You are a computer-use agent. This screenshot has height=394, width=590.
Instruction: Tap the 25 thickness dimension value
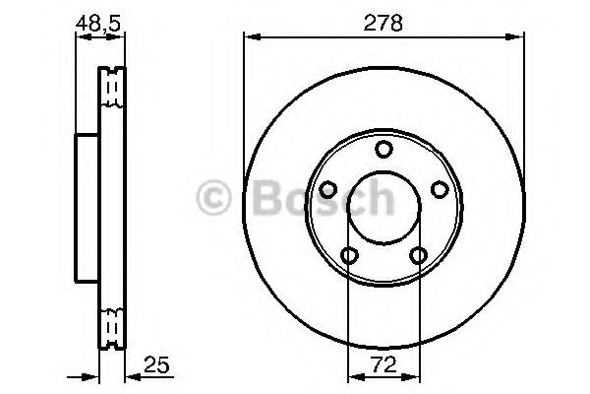(153, 361)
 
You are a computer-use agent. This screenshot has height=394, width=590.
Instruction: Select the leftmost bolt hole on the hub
(327, 189)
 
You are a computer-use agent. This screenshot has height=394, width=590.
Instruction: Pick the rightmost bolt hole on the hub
(441, 189)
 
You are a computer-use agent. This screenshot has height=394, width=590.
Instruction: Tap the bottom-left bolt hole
(349, 256)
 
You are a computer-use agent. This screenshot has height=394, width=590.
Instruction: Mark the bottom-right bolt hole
(419, 256)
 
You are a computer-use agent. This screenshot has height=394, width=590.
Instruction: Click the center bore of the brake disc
(384, 206)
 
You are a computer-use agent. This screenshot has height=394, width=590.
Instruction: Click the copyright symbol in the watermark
(214, 200)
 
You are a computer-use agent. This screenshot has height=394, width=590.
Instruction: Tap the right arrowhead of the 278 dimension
(518, 37)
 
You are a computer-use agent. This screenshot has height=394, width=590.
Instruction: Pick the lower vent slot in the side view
(112, 324)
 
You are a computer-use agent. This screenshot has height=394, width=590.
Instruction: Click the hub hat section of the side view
(88, 206)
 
